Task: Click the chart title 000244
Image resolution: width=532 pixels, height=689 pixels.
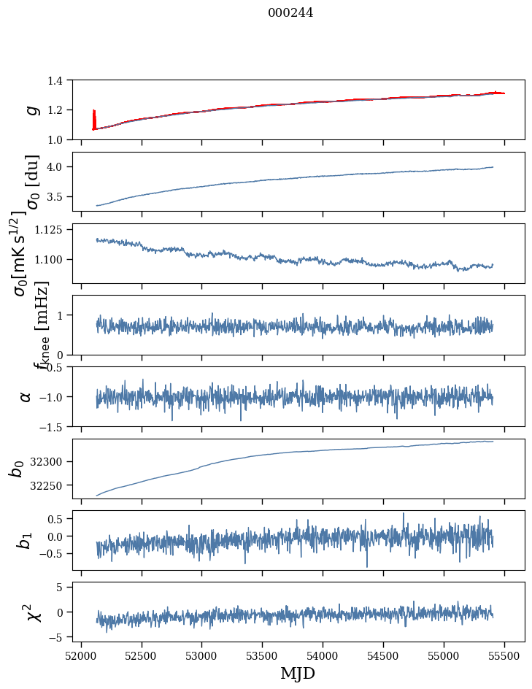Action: [290, 12]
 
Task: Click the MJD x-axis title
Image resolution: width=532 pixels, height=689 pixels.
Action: [298, 673]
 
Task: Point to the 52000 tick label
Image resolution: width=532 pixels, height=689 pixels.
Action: [81, 654]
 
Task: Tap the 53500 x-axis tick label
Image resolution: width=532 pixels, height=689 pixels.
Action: [263, 654]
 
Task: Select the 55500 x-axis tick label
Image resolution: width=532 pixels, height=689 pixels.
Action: [505, 654]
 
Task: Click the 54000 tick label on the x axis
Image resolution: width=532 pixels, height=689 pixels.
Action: [323, 654]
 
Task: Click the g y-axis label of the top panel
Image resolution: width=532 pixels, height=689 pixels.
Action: [31, 109]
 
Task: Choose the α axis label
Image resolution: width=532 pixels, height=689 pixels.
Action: [26, 396]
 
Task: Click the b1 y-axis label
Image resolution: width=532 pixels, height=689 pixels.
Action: [26, 540]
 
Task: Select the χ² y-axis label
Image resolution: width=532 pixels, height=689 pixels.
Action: [31, 612]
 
